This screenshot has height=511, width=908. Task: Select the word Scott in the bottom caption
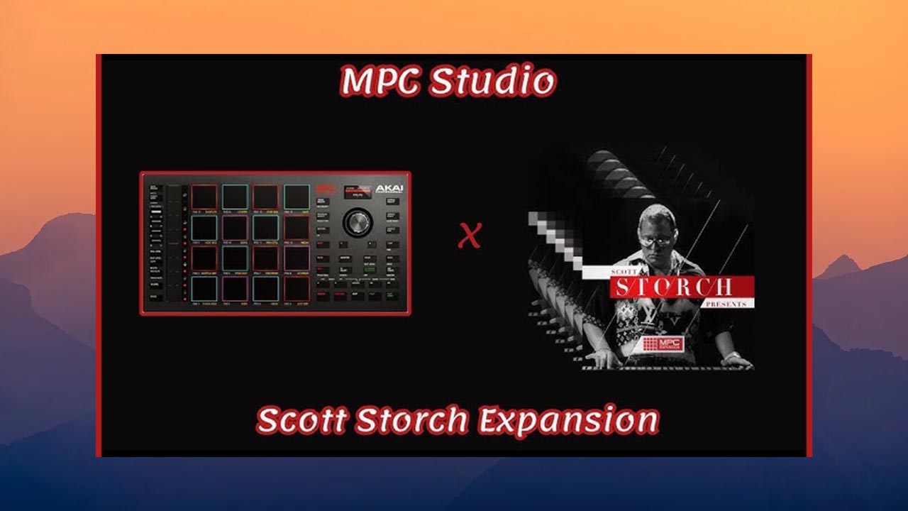301,421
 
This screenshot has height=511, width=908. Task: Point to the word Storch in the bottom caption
411,421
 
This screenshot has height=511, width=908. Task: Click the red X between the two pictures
469,236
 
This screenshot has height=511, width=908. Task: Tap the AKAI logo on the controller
389,190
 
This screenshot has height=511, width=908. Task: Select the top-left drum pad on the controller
204,197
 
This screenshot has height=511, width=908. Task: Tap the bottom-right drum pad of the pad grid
297,288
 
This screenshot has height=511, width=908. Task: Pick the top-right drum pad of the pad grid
297,197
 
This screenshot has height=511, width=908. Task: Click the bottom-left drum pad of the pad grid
204,288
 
